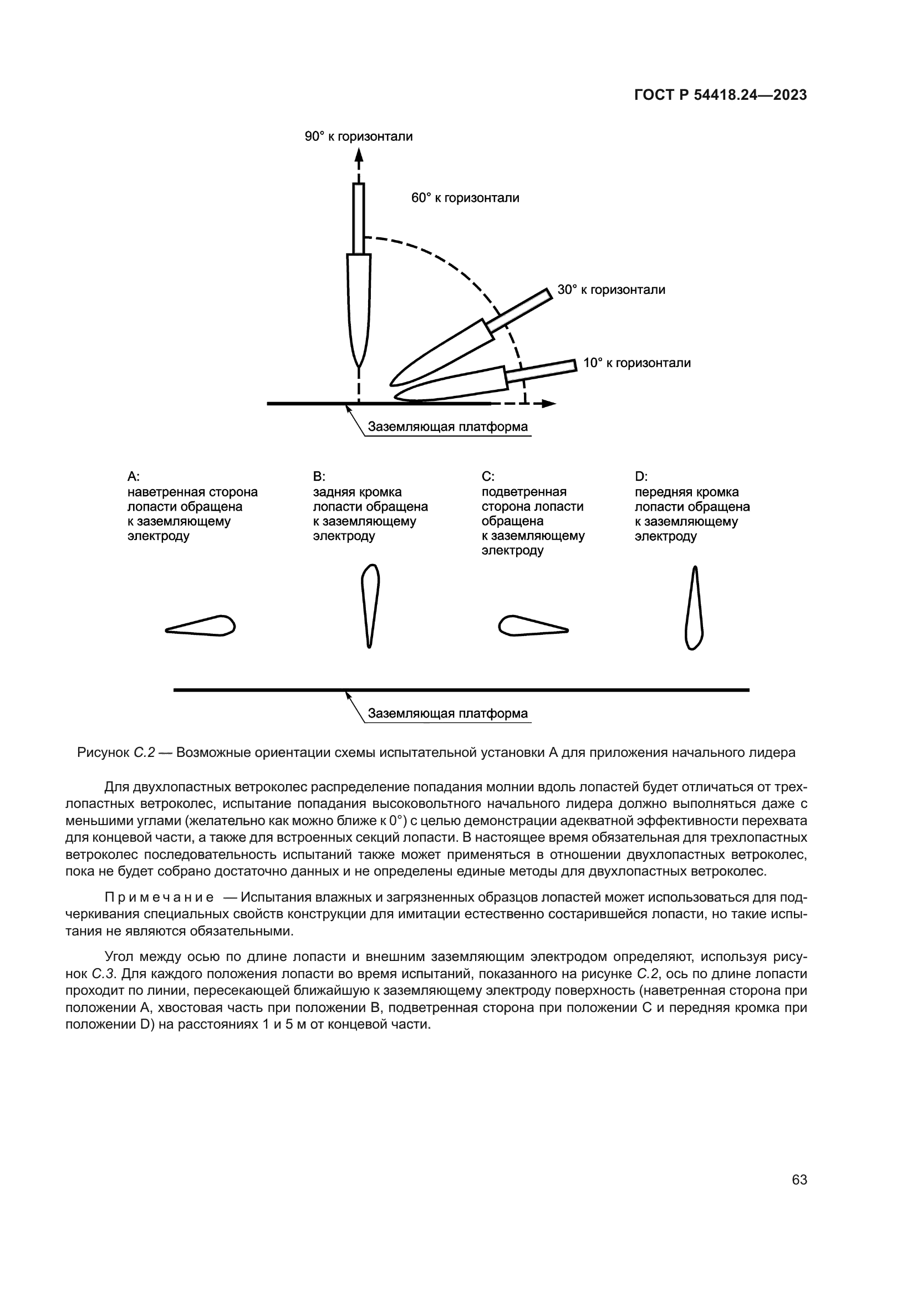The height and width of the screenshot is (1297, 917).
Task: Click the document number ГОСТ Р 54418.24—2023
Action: (721, 95)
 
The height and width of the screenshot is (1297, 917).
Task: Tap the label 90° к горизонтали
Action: (359, 136)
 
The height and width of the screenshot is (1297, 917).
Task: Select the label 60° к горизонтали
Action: (465, 198)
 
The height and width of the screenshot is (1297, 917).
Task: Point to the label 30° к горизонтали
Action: (611, 290)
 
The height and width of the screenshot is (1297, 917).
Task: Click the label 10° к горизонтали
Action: (636, 363)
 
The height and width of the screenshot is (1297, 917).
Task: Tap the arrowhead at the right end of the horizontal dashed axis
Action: (549, 403)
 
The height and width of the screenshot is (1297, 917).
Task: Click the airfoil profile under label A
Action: (201, 626)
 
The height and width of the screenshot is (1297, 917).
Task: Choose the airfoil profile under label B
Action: (370, 604)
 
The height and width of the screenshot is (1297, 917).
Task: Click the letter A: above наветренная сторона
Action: (133, 476)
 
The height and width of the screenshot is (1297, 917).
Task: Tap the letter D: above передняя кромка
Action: (641, 476)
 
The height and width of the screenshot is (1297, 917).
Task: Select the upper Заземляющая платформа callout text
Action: (448, 426)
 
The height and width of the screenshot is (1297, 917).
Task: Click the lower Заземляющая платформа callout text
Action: (448, 714)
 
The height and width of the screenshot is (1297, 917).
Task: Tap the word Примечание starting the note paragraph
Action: (159, 898)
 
